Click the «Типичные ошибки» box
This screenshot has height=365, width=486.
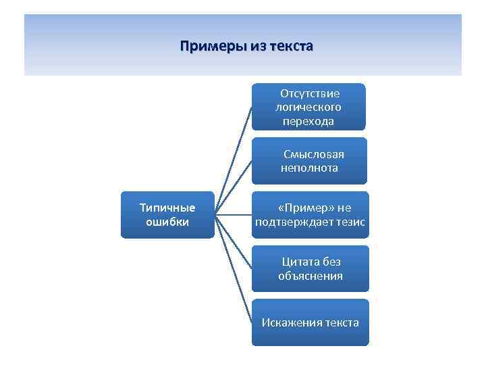coord(167,215)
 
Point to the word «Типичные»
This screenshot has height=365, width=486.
coord(167,208)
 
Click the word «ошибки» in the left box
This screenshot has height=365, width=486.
coord(167,222)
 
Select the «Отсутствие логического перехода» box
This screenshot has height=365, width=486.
coord(308,107)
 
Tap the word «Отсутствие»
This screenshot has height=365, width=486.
coord(310,93)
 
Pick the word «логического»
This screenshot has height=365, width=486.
coord(308,107)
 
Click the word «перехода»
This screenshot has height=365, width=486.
coord(308,121)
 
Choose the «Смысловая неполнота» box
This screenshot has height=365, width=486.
coord(309,161)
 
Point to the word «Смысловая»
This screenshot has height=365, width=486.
coord(313,154)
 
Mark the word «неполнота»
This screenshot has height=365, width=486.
coord(309,168)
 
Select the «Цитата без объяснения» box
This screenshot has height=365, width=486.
coord(310,268)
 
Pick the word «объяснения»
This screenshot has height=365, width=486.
coord(310,276)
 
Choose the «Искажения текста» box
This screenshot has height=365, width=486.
coord(310,322)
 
